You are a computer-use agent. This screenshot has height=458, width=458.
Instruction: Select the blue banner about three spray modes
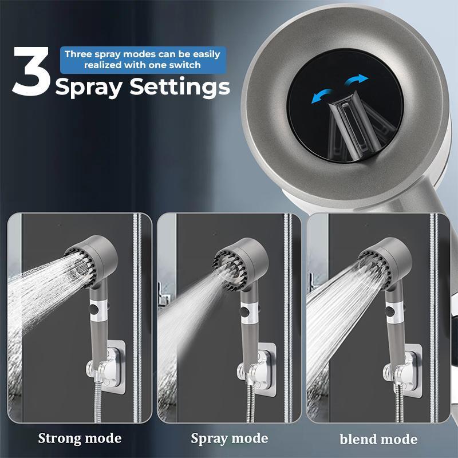[142, 60]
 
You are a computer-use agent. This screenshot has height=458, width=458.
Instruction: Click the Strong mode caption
[80, 439]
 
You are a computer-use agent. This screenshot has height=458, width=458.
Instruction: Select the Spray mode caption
[229, 439]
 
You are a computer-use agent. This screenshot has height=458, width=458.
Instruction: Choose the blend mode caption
[378, 439]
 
